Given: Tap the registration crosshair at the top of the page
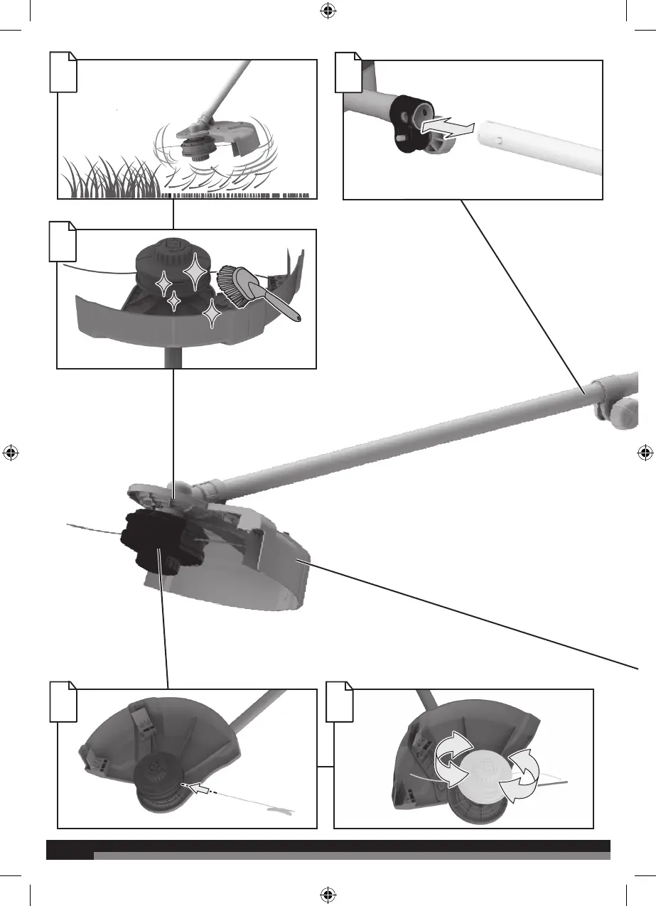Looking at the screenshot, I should [x=328, y=11].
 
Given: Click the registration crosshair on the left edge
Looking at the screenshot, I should [x=11, y=453].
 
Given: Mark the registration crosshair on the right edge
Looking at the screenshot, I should [x=644, y=453].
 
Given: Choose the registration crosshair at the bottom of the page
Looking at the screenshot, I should [x=328, y=894].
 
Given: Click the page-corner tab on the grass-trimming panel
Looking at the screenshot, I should [x=63, y=72].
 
